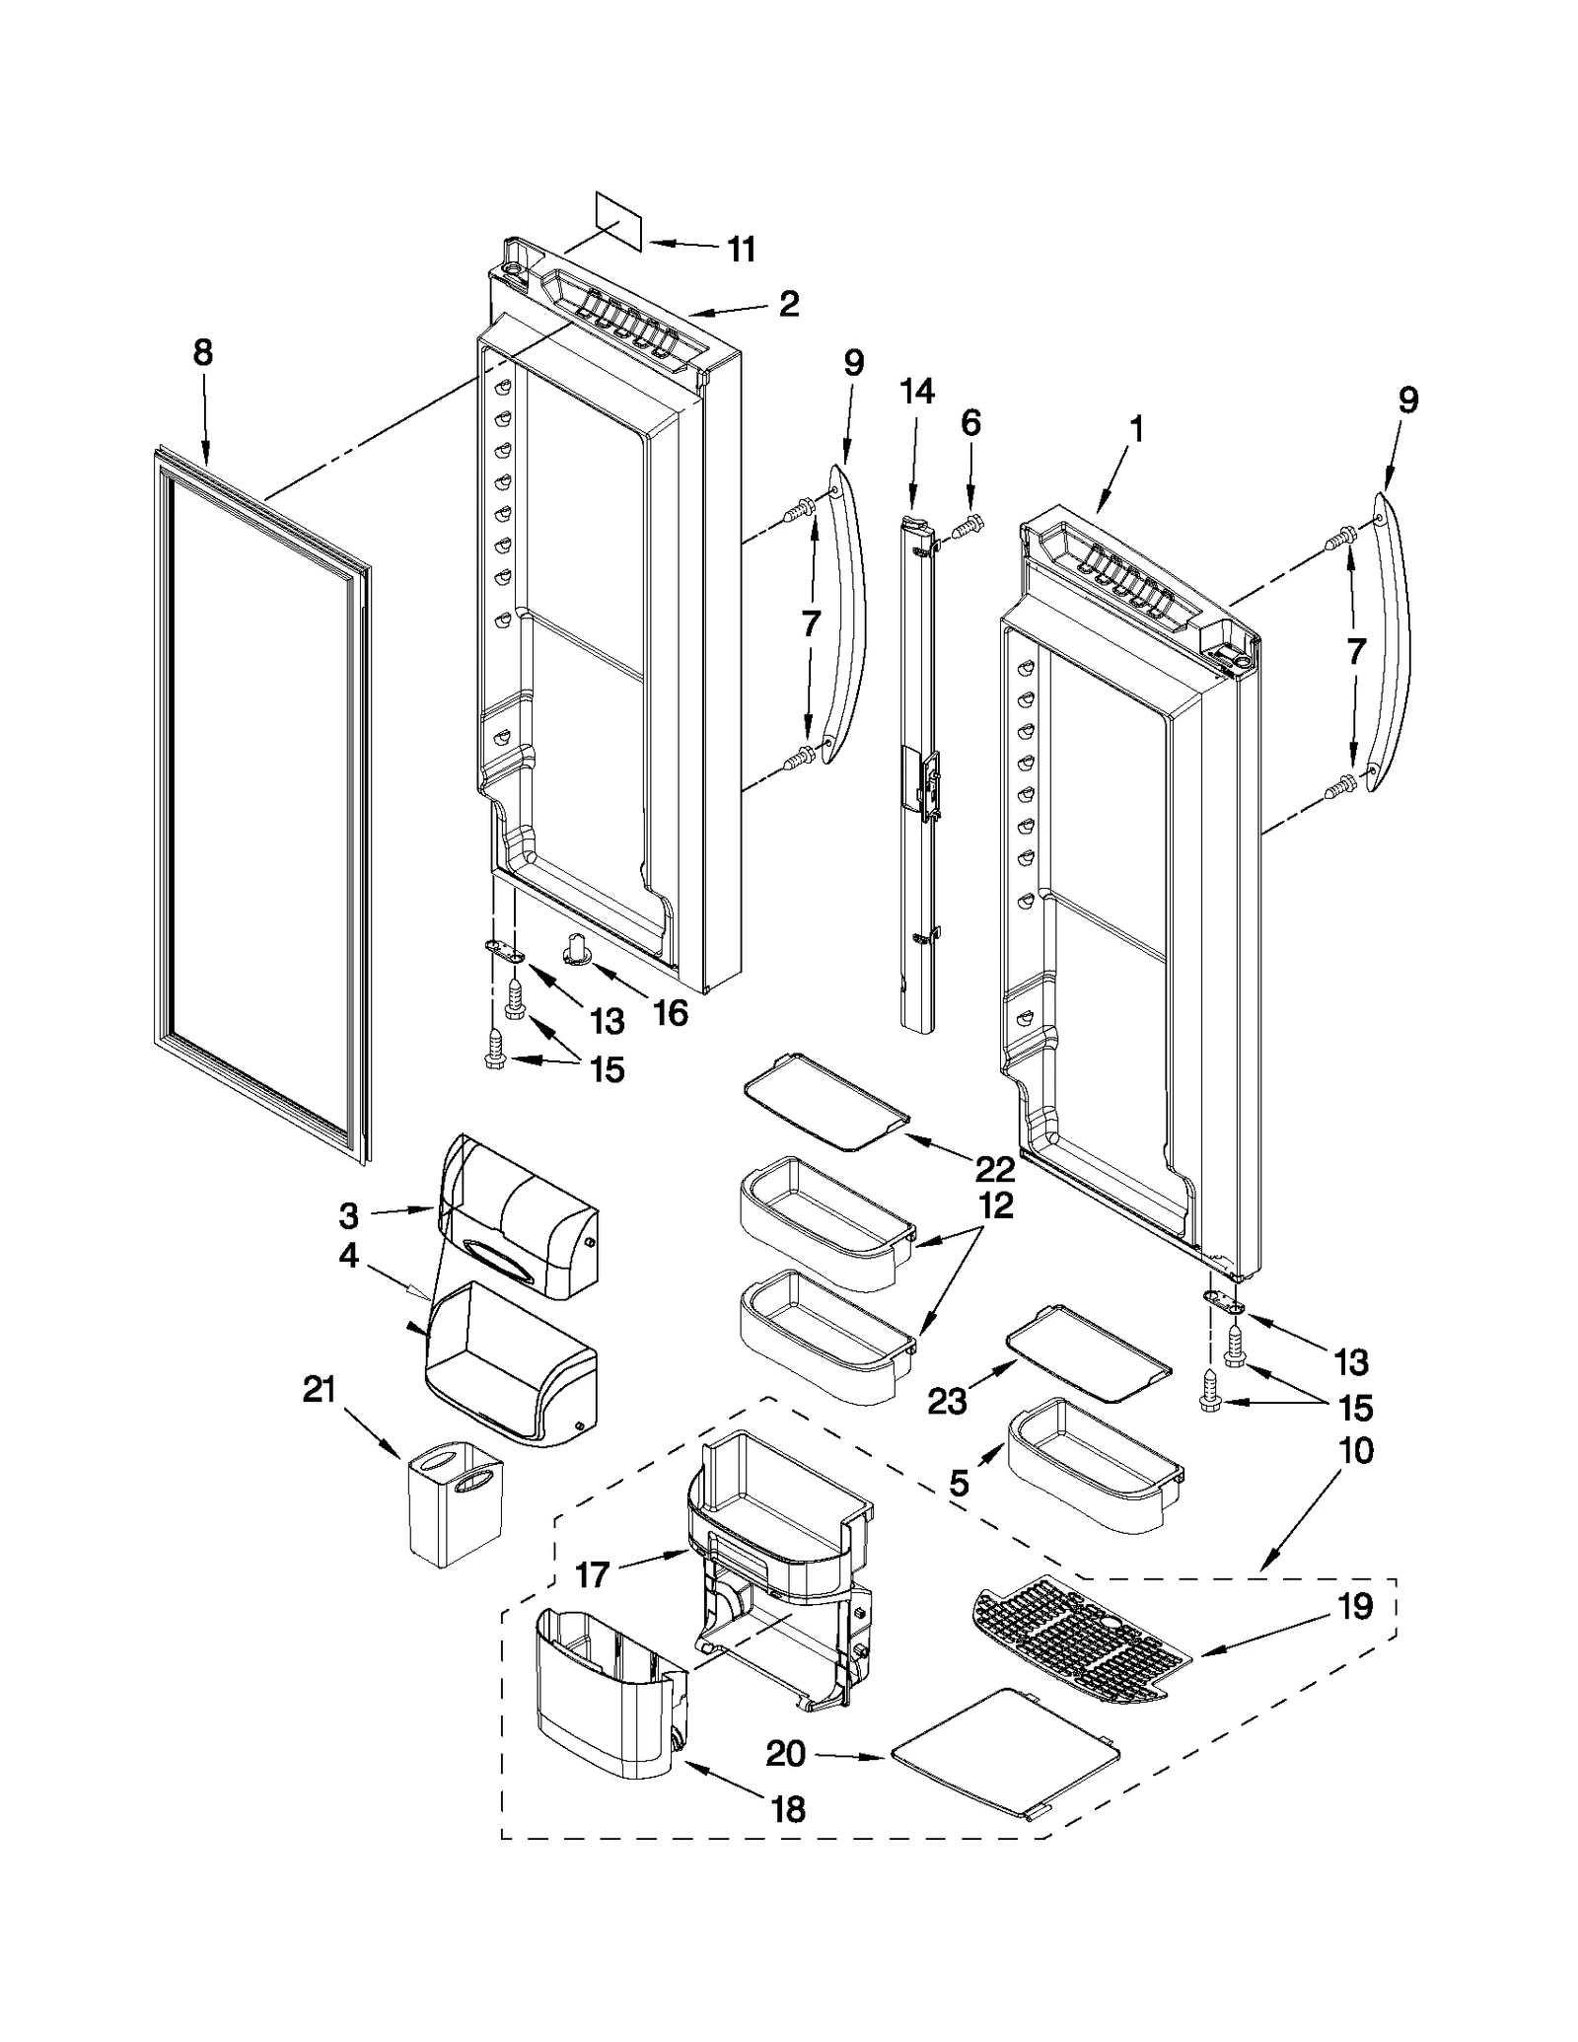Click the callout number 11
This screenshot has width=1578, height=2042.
click(x=741, y=250)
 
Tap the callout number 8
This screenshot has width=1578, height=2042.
click(x=202, y=352)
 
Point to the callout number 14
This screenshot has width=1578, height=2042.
click(x=916, y=392)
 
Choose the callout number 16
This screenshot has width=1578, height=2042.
click(x=671, y=1012)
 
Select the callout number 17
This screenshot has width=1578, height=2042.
click(x=592, y=1574)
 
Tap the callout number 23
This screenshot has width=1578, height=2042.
click(x=947, y=1401)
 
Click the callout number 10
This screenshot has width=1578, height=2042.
click(x=1356, y=1451)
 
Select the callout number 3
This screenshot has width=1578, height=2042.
click(x=348, y=1216)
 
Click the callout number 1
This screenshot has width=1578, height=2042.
click(x=1136, y=429)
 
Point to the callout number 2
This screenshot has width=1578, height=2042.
click(x=788, y=304)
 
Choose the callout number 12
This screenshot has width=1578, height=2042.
click(x=996, y=1205)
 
